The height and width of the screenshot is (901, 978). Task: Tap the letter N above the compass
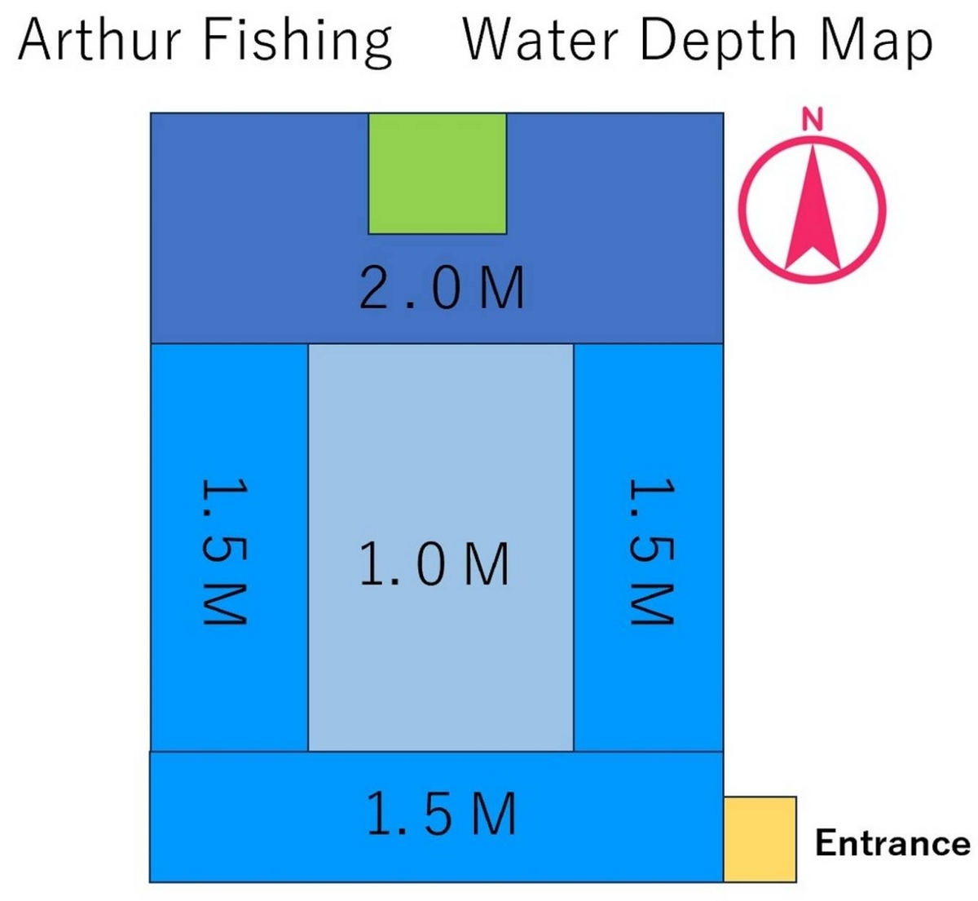point(813,119)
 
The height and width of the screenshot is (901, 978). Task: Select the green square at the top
point(438,174)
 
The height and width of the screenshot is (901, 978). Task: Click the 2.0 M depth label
point(442,288)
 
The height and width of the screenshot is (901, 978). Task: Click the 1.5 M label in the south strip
point(442,813)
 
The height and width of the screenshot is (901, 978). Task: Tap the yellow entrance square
point(760,839)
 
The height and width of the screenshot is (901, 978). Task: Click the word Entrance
point(892,842)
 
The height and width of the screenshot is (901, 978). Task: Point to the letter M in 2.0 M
point(500,288)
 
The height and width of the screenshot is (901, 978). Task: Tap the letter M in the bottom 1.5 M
point(493,813)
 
